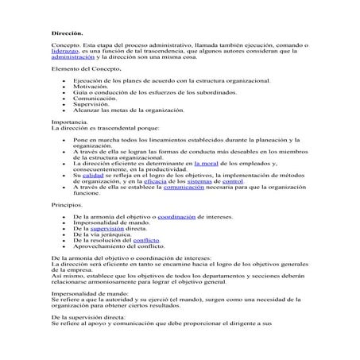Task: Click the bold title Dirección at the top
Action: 66,33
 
